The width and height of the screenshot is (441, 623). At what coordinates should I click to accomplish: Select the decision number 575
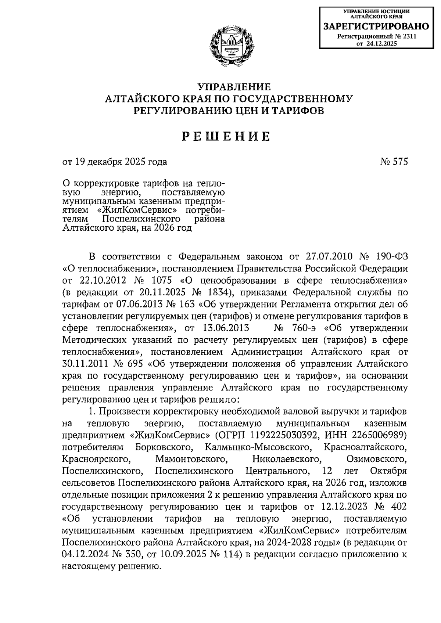tap(400, 162)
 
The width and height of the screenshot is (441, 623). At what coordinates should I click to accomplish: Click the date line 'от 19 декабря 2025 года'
tap(114, 162)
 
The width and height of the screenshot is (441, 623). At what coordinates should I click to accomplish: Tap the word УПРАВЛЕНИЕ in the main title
tap(234, 87)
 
